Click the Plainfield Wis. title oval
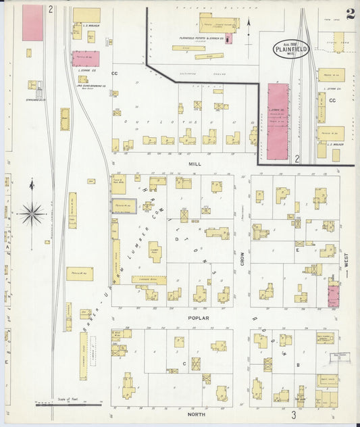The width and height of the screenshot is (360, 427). (x=292, y=49)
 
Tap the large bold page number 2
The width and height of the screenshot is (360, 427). (x=350, y=15)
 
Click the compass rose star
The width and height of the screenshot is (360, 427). (x=32, y=214)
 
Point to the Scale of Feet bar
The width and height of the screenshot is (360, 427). (x=68, y=403)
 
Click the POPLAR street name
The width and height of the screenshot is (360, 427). (x=199, y=318)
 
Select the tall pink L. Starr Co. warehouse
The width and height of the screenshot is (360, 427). (x=278, y=121)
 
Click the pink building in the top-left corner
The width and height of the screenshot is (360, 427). (x=32, y=23)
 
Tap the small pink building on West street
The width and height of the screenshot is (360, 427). (x=333, y=295)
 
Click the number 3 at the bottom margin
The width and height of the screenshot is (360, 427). (x=294, y=416)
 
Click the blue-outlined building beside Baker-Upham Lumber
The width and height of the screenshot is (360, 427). (x=124, y=206)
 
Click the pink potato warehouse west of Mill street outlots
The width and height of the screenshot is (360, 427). (x=86, y=59)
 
